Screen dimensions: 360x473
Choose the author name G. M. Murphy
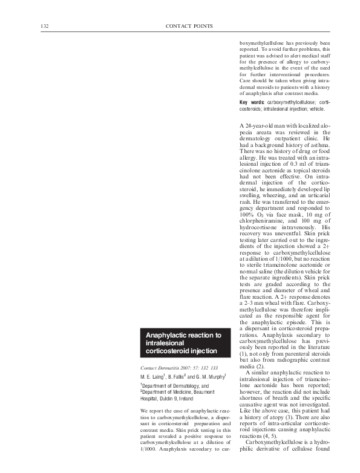pos(213,377)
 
